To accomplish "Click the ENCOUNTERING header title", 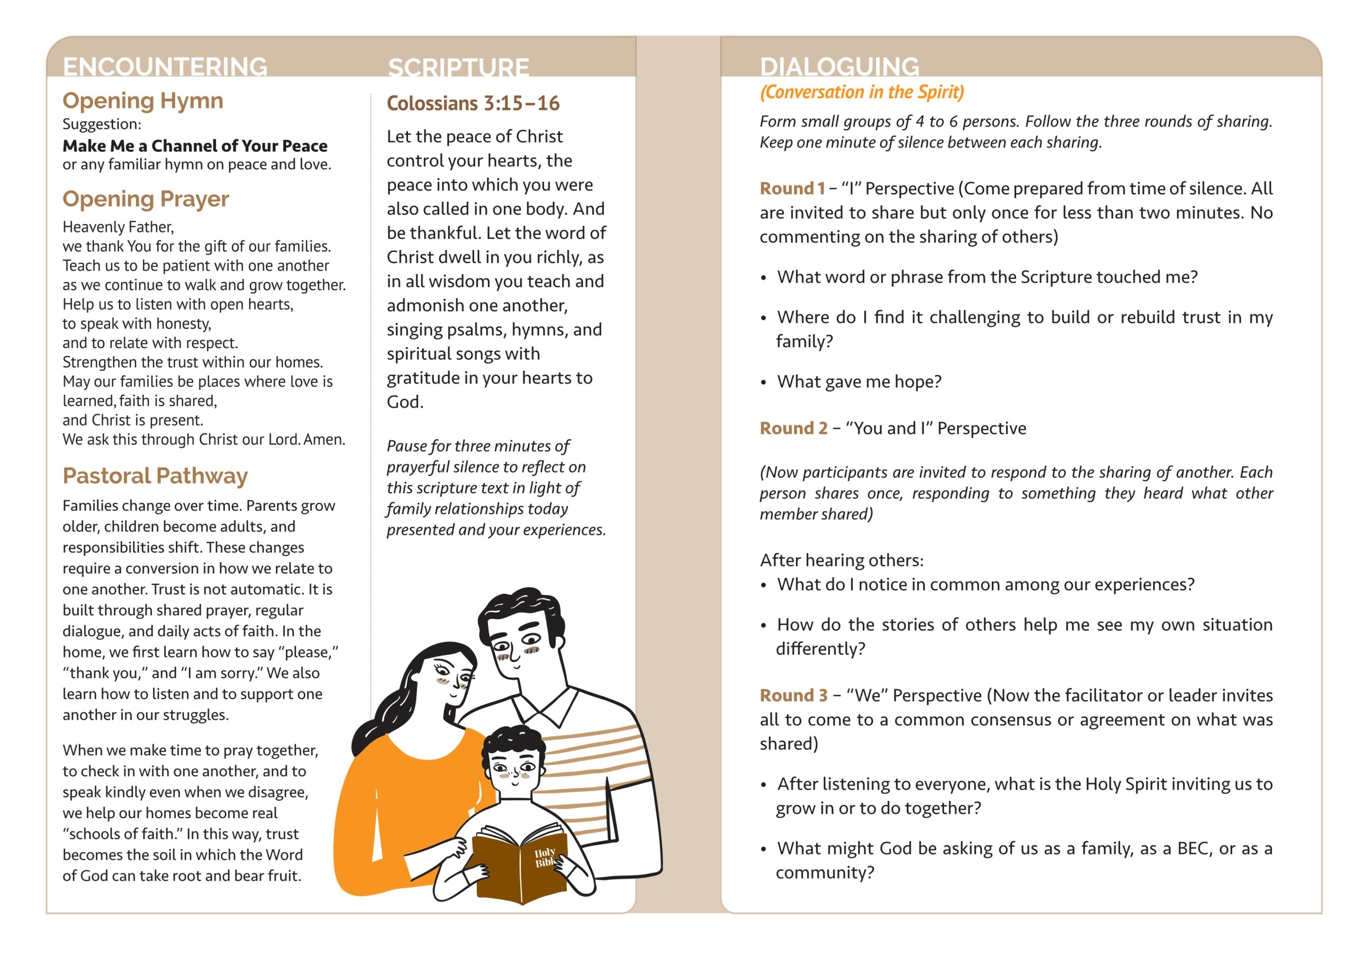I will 165,66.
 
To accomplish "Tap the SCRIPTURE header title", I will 458,67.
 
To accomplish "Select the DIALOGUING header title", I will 839,66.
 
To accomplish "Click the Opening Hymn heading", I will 143,101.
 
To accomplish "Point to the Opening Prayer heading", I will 146,199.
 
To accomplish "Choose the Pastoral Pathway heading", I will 155,476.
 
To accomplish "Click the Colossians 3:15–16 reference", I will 473,103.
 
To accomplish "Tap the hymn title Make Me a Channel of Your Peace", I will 195,146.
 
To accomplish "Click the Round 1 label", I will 791,188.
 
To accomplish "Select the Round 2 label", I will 793,428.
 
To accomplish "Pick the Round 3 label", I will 793,695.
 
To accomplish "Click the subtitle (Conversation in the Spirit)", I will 862,92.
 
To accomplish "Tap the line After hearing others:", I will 842,560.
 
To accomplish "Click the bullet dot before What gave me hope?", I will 764,383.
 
